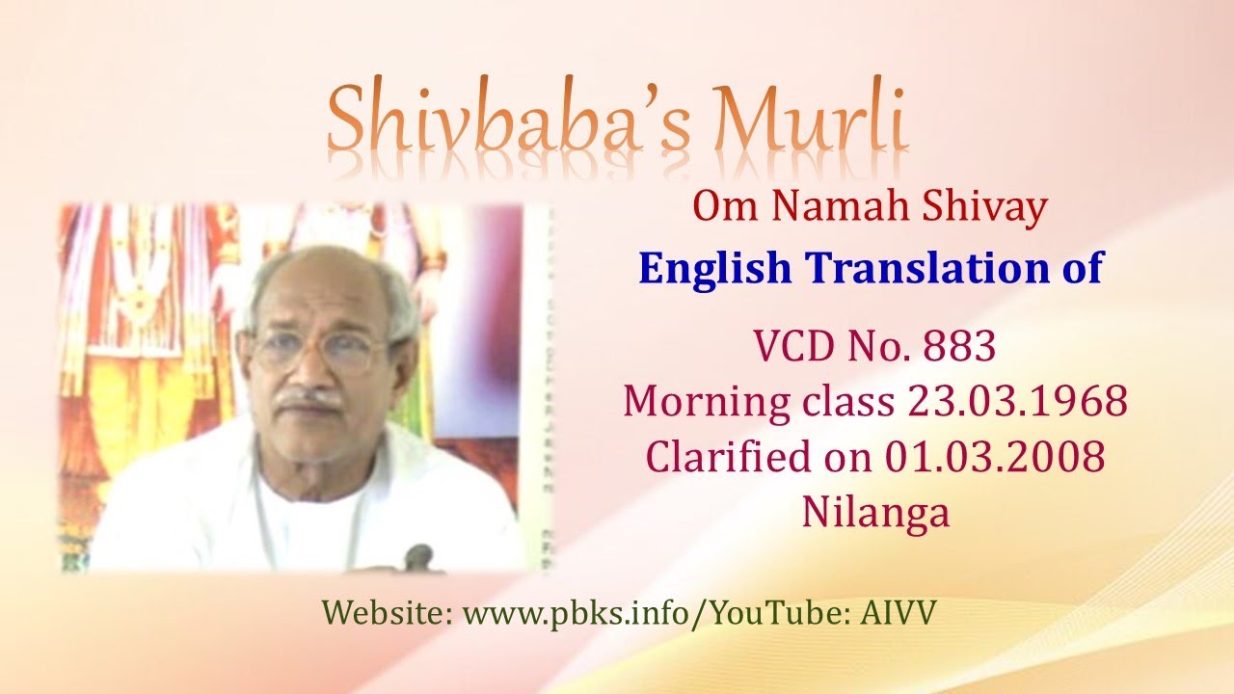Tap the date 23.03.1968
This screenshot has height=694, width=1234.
(1017, 401)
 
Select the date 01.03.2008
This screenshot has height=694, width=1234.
(995, 457)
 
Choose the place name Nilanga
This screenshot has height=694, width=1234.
(875, 512)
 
